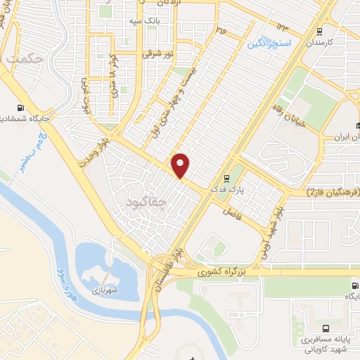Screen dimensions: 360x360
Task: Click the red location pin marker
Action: coord(181,165)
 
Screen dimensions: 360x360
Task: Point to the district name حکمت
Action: coord(22,60)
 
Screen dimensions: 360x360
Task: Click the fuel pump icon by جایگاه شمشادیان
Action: coord(19,109)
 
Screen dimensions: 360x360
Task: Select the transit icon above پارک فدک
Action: coord(226,178)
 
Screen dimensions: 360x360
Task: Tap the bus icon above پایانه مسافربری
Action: coord(324,328)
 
